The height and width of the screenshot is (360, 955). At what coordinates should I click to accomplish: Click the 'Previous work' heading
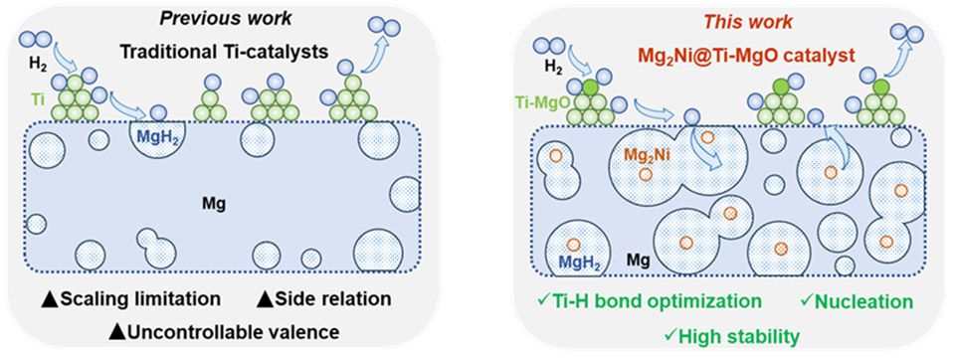coord(226,19)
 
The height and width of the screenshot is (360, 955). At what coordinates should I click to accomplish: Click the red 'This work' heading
coord(748,22)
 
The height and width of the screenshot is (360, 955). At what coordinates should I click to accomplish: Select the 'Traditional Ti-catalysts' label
coord(224,52)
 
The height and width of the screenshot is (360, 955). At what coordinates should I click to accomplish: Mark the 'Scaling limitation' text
coord(131,299)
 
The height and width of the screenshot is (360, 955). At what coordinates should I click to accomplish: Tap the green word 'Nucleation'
coord(864,301)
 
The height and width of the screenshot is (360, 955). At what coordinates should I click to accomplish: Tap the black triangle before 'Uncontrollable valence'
coord(116,332)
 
